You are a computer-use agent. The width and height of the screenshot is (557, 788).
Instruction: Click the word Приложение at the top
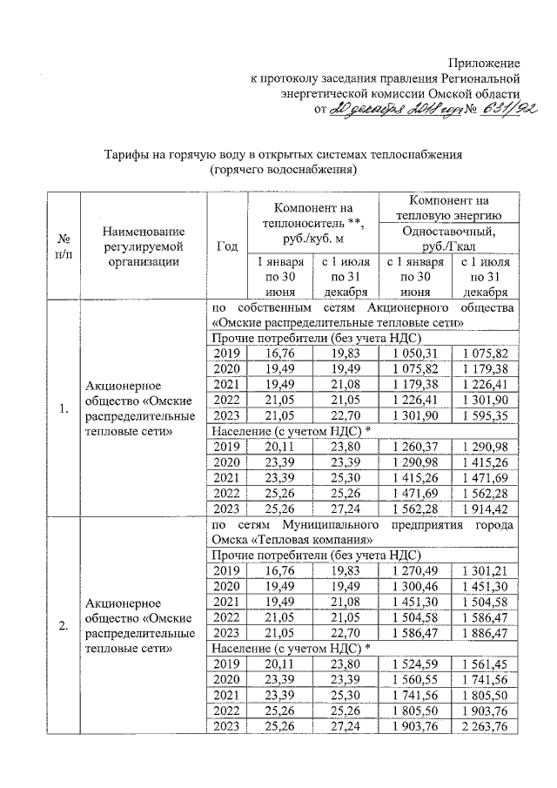point(485,64)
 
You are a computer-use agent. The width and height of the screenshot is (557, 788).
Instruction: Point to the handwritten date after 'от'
point(391,110)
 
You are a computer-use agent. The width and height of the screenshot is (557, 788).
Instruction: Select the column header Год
point(226,246)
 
